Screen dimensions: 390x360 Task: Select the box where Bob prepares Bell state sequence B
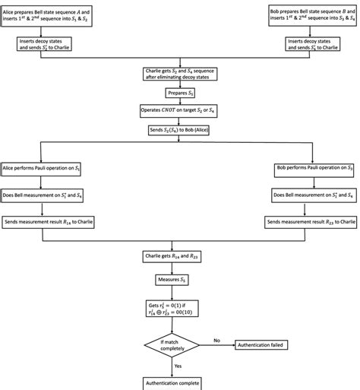pos(311,14)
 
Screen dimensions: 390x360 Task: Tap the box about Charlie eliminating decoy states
pos(180,75)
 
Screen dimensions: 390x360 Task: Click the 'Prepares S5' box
pos(180,94)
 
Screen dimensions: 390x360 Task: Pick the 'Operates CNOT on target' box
pos(180,112)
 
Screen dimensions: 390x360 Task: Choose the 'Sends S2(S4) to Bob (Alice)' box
pos(180,131)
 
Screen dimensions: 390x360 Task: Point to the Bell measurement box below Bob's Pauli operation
pos(311,195)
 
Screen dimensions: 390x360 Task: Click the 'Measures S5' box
pos(180,278)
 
